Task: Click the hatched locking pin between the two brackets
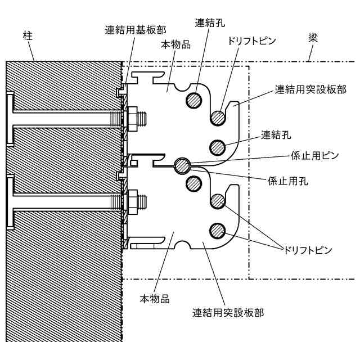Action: (x=182, y=165)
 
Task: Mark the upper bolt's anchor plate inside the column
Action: (x=11, y=119)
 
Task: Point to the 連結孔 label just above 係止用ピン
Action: (x=276, y=135)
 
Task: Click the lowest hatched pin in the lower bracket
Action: (x=218, y=230)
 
